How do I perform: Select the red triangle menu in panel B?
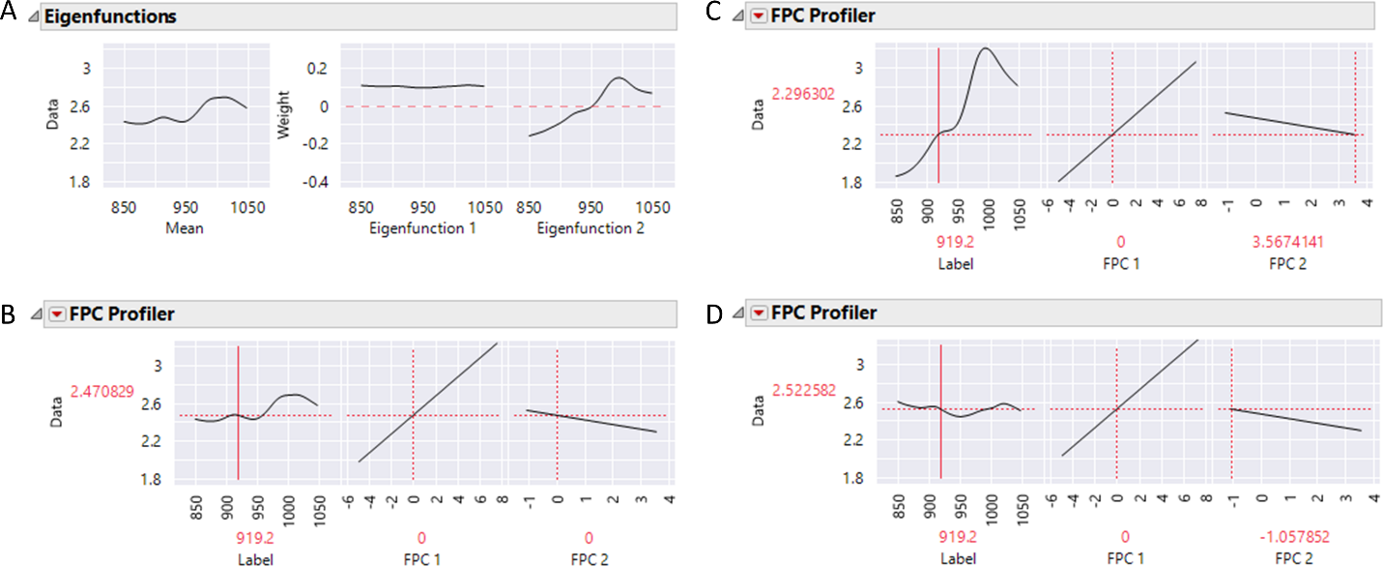[56, 314]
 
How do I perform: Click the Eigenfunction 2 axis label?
[587, 229]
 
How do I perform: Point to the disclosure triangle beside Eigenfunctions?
[32, 17]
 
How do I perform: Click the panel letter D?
[740, 313]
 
